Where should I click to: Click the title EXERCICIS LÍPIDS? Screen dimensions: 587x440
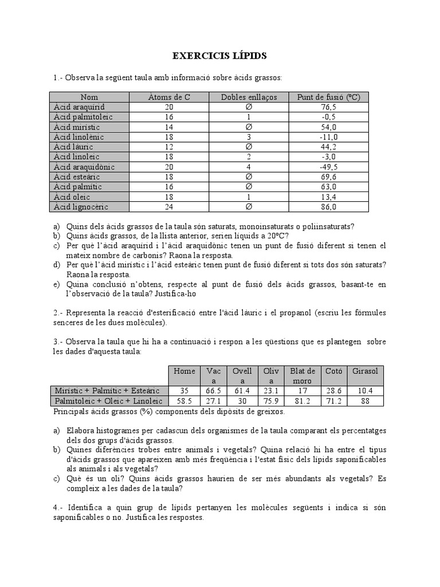click(219, 56)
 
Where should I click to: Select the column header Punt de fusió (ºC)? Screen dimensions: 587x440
click(328, 97)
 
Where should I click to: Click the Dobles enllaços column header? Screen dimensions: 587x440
click(249, 97)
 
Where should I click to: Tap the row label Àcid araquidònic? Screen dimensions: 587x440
click(84, 167)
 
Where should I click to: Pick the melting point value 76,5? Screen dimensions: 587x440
click(328, 107)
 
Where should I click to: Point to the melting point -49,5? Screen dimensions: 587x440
click(328, 167)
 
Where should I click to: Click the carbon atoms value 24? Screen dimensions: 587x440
click(169, 207)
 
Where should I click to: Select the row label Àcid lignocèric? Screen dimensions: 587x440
click(81, 207)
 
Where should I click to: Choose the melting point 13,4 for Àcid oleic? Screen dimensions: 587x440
click(328, 197)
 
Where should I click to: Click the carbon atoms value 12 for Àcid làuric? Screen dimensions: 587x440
click(169, 147)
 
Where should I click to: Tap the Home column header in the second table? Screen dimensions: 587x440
click(184, 371)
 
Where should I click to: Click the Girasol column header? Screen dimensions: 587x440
click(366, 371)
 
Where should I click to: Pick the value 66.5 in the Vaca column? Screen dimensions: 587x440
click(213, 390)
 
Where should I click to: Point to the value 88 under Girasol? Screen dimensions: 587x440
click(366, 401)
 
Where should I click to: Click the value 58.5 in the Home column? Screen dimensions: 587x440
click(184, 401)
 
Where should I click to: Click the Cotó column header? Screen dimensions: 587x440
click(333, 371)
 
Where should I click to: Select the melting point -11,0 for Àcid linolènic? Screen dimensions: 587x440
click(328, 137)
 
